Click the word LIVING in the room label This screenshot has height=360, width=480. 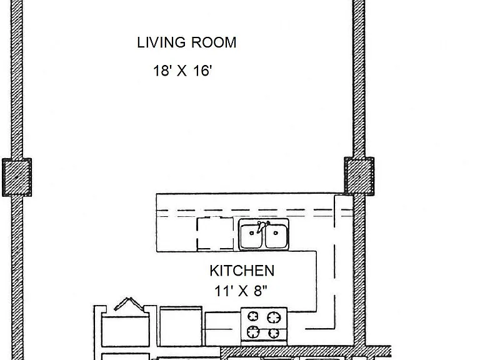tap(161, 42)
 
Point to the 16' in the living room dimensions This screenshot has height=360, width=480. tap(202, 71)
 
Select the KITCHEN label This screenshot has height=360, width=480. tap(242, 271)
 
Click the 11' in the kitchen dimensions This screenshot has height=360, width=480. tap(222, 291)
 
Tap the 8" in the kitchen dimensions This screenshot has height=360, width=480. tap(261, 291)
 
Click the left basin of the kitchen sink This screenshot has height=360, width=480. tap(251, 236)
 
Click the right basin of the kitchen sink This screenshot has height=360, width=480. tap(276, 236)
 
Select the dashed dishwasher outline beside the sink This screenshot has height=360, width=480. tap(215, 233)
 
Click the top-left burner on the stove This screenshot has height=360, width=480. tap(253, 316)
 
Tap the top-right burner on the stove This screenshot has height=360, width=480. tap(274, 317)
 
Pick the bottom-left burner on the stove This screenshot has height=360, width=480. tap(253, 331)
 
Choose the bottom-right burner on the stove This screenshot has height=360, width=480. tap(273, 332)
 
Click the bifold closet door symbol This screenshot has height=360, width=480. tap(129, 304)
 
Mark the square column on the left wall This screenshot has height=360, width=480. tap(17, 177)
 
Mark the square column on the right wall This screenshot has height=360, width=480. tap(359, 176)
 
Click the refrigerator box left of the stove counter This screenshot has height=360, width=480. tap(181, 326)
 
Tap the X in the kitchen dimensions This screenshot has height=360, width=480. tap(242, 291)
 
